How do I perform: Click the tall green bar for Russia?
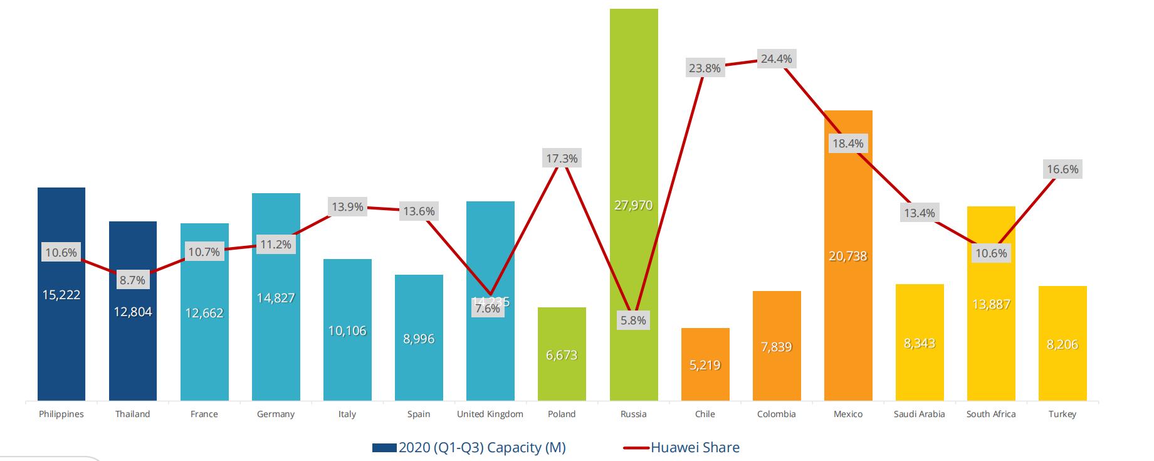pyautogui.click(x=633, y=125)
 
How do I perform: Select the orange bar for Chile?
pyautogui.click(x=705, y=383)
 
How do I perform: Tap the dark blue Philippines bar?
pyautogui.click(x=61, y=351)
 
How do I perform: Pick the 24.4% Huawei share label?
pyautogui.click(x=776, y=59)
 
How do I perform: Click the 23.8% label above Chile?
pyautogui.click(x=705, y=68)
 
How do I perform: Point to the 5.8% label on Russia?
pyautogui.click(x=633, y=321)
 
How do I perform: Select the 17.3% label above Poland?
pyautogui.click(x=562, y=159)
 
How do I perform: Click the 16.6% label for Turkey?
pyautogui.click(x=1062, y=169)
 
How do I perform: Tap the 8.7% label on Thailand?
pyautogui.click(x=132, y=280)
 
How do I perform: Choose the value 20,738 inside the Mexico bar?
pyautogui.click(x=847, y=256)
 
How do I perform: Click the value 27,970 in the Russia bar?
pyautogui.click(x=633, y=205)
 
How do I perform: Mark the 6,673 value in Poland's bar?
pyautogui.click(x=562, y=355)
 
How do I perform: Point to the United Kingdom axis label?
pyautogui.click(x=490, y=414)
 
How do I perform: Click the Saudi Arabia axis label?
pyautogui.click(x=919, y=414)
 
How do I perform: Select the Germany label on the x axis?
pyautogui.click(x=275, y=414)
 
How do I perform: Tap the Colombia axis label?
pyautogui.click(x=776, y=414)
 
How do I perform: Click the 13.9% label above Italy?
pyautogui.click(x=347, y=206)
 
